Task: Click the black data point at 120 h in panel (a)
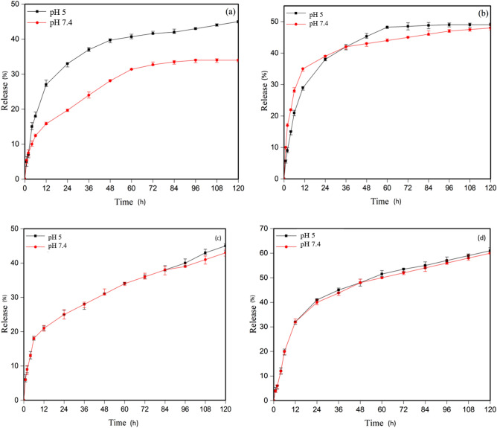238,22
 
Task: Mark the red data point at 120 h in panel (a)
238,60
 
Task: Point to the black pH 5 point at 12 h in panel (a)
46,84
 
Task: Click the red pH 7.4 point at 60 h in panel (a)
132,69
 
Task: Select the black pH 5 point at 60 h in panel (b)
388,28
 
